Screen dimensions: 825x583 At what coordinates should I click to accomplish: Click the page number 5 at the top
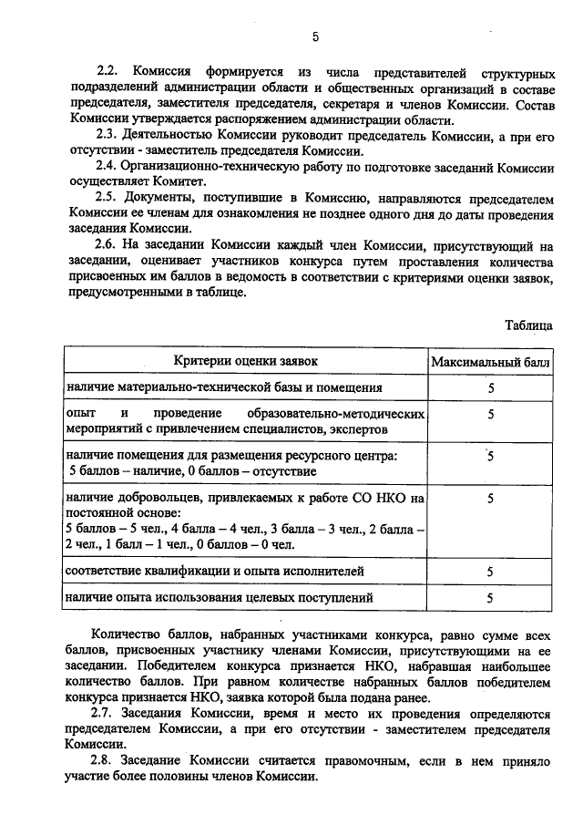[315, 37]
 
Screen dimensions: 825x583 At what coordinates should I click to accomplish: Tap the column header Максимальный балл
[490, 361]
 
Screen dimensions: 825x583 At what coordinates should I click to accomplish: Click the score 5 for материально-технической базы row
[490, 388]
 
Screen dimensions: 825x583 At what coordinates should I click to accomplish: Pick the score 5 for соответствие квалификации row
[490, 572]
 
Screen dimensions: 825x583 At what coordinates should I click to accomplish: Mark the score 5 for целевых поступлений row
[490, 599]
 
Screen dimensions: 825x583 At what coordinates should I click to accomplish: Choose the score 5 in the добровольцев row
[490, 499]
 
